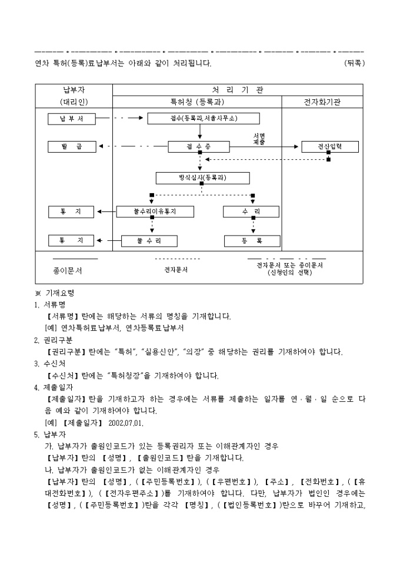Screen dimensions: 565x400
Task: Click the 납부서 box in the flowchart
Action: tap(71, 119)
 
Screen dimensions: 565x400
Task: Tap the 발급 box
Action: tap(71, 146)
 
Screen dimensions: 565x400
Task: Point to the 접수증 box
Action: tap(201, 146)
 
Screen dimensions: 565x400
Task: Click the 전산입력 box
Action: tap(329, 146)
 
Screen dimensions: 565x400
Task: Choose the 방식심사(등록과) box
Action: tap(202, 177)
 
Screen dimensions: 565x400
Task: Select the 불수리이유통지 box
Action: tap(155, 211)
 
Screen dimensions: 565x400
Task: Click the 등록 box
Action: tap(252, 240)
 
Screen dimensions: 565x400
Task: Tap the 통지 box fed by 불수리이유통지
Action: tap(71, 211)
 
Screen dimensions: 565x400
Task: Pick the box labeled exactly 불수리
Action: tap(149, 240)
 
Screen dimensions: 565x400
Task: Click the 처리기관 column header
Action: tap(237, 90)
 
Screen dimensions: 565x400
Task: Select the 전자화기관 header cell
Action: tap(321, 102)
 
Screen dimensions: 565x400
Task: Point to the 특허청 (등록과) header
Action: tap(196, 102)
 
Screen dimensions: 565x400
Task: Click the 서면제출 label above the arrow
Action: tap(259, 139)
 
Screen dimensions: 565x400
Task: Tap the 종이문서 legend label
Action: tap(68, 271)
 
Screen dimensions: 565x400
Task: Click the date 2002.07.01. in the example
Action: tap(126, 422)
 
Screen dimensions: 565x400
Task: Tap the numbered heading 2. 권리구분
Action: tap(54, 339)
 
